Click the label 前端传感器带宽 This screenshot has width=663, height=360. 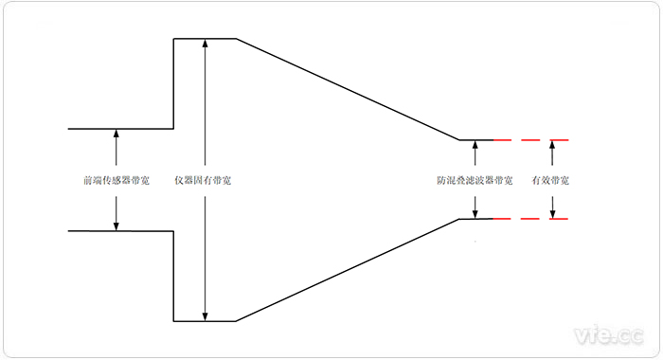tap(116, 180)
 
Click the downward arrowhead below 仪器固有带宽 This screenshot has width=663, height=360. tap(206, 316)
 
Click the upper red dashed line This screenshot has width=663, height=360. tap(530, 140)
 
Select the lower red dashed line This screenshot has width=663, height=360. tap(530, 220)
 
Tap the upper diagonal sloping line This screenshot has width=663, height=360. tap(348, 90)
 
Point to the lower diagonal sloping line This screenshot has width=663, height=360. tap(348, 271)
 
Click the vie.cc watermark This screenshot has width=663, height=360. tap(609, 333)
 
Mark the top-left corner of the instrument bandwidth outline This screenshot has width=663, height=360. tap(173, 39)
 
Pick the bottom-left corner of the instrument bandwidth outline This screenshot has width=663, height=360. tap(173, 321)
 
